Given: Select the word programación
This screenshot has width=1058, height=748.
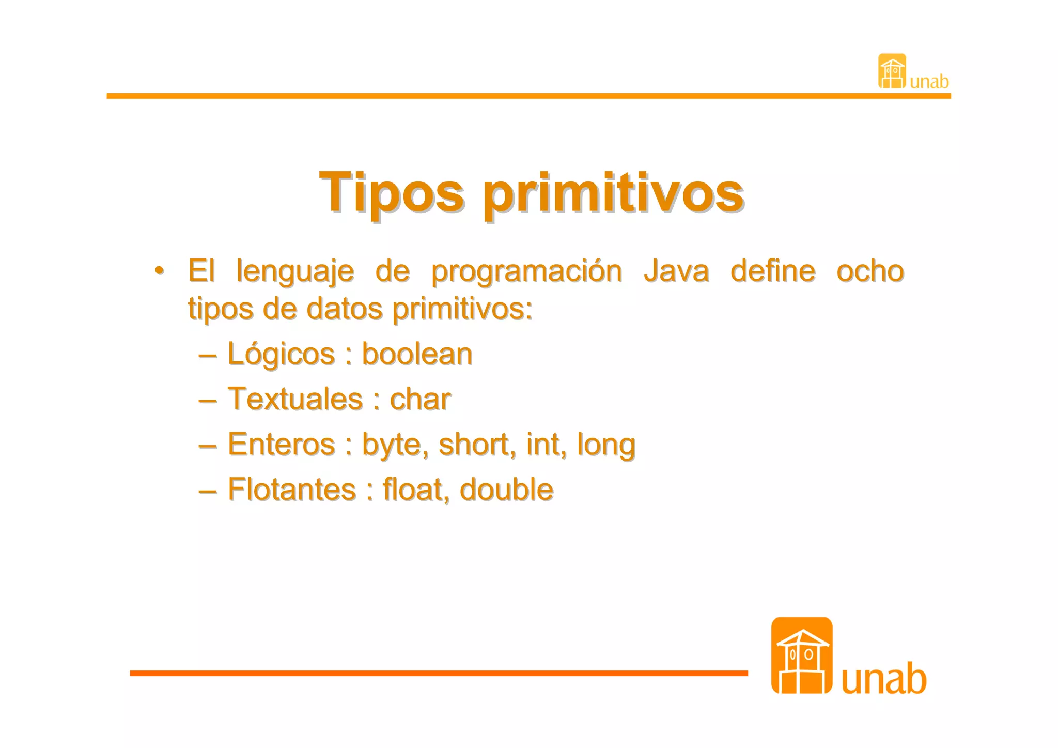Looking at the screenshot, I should (x=526, y=272).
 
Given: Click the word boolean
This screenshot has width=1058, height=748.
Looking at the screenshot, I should (x=416, y=354).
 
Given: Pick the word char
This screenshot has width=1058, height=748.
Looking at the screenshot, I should (x=419, y=399).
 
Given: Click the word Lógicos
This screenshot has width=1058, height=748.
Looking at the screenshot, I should (x=281, y=355).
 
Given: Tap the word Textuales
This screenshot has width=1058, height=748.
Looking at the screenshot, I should (x=295, y=399).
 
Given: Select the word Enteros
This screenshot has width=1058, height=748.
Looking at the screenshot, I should (x=282, y=444).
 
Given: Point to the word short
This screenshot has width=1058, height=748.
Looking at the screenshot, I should (x=476, y=444).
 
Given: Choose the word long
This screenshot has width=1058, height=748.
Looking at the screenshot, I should (x=605, y=445).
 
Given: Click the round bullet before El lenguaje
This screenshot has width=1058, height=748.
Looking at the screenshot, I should (x=160, y=270).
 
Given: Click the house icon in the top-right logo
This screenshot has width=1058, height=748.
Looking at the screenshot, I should (x=892, y=71).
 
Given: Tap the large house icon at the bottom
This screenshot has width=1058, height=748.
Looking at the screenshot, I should (x=801, y=655).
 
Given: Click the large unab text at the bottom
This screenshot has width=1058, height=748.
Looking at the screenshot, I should (x=883, y=678).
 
